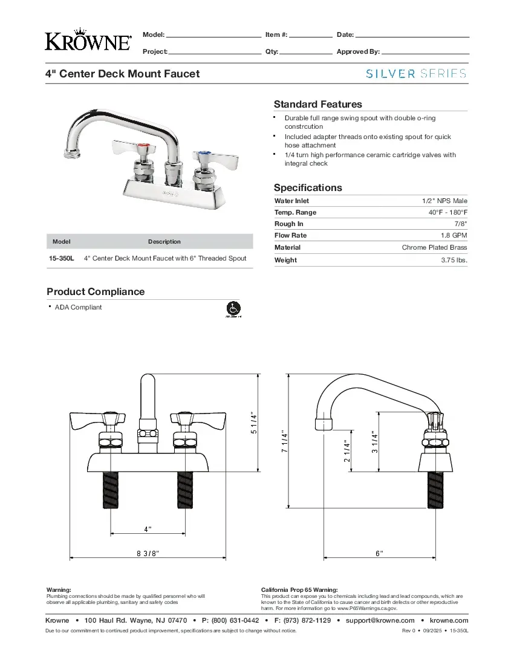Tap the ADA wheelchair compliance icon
tap(233, 308)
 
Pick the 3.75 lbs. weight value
tap(454, 260)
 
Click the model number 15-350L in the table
tap(61, 258)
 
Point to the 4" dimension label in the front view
tap(148, 529)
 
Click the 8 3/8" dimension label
tap(148, 553)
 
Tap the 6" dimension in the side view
tap(379, 553)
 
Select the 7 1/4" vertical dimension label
tap(284, 444)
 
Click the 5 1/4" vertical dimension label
tap(254, 423)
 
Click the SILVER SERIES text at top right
tap(416, 74)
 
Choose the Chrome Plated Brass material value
tap(434, 247)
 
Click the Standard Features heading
tap(317, 104)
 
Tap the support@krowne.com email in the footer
tap(380, 620)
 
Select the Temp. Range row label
tap(295, 212)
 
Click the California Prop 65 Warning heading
tap(299, 589)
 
